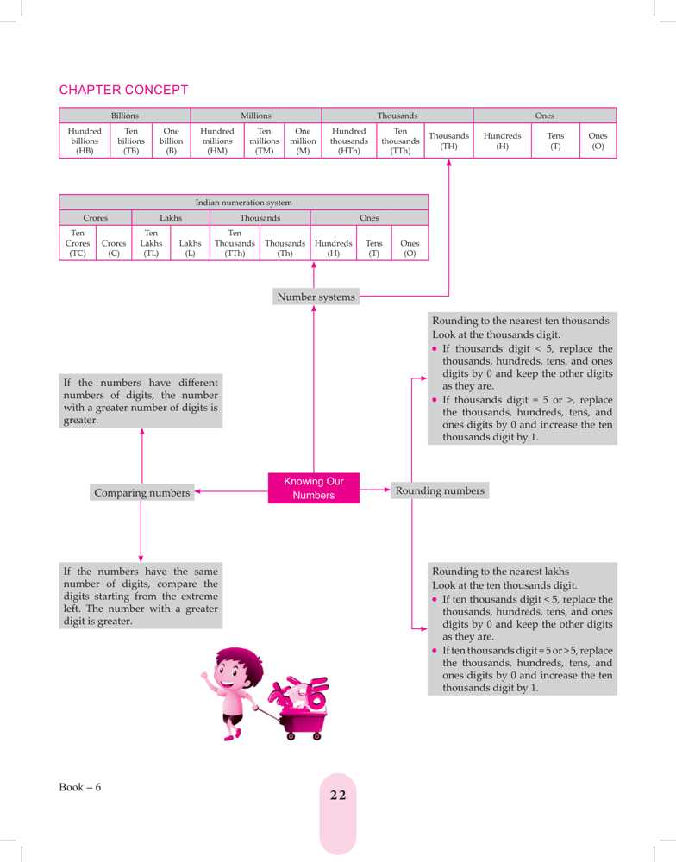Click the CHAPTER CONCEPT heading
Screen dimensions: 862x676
[123, 90]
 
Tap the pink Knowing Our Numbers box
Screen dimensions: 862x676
[313, 489]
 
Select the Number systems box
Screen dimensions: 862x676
[316, 297]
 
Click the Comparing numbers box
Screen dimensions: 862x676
[141, 492]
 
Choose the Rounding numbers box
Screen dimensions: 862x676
[440, 490]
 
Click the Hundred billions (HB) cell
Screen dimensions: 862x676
[84, 142]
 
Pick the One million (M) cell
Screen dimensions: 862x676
[303, 142]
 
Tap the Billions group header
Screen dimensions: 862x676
[125, 115]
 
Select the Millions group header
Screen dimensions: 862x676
[256, 115]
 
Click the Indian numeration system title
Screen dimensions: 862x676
[243, 203]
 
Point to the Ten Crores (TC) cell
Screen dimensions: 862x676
[77, 243]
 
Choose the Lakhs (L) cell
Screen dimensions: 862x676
[190, 248]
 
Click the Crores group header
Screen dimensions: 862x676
[95, 218]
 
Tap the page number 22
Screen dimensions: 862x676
[337, 795]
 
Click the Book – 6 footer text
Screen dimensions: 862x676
[80, 787]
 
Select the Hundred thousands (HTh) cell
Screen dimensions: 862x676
[349, 142]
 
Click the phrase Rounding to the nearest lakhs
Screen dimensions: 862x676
[500, 571]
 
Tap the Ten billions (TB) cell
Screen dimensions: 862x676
[131, 142]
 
